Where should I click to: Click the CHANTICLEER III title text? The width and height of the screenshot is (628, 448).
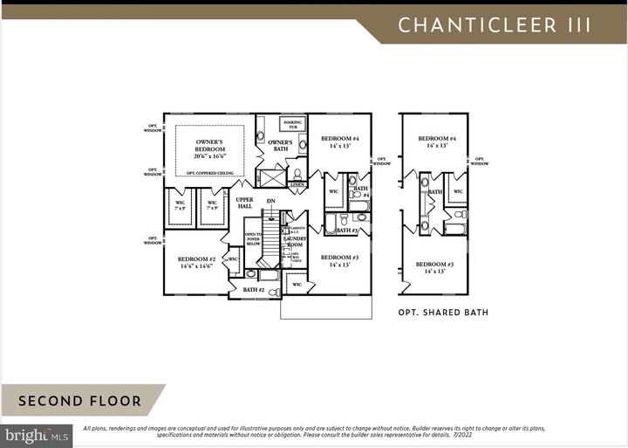point(495,24)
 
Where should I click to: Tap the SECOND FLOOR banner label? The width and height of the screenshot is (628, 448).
point(79,402)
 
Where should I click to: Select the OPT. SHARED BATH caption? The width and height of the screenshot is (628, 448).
point(443,312)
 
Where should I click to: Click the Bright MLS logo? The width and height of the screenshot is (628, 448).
point(36,434)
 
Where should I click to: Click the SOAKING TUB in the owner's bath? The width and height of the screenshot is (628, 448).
point(290,124)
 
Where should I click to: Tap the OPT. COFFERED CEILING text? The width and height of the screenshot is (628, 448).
point(208,173)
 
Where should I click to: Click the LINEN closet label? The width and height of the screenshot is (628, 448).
point(297,185)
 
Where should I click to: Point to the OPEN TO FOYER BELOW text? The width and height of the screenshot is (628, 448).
point(253,239)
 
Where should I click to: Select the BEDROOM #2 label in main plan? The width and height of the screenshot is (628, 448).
point(196,262)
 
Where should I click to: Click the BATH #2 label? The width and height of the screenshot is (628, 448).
point(253,289)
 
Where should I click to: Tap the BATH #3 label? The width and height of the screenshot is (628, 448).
point(351,231)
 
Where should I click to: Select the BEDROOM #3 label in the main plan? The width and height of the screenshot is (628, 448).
point(340,260)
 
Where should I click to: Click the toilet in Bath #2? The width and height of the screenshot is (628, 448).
point(250,274)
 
